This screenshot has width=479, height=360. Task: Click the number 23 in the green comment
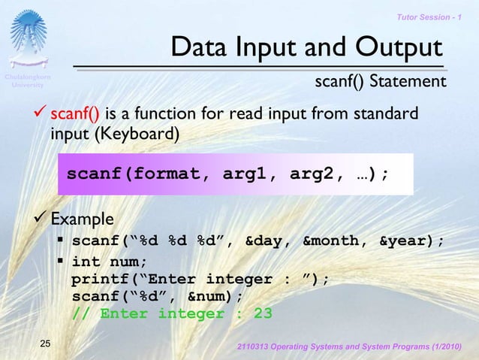(x=263, y=313)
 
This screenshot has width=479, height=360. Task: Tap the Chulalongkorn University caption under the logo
(x=28, y=81)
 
